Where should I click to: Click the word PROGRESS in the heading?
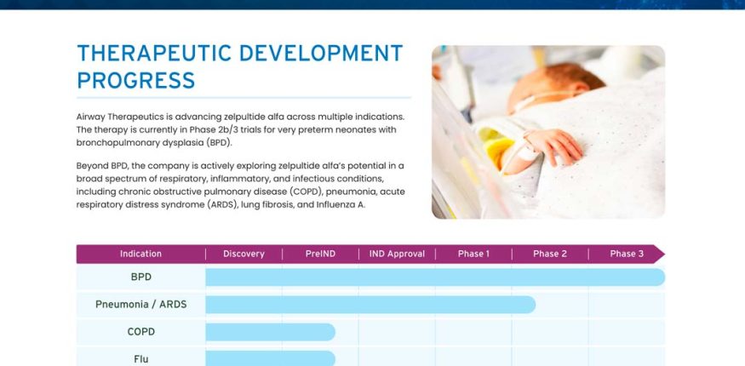(x=136, y=81)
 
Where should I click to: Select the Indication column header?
(x=140, y=254)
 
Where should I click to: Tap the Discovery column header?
(x=244, y=254)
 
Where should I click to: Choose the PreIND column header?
(x=320, y=254)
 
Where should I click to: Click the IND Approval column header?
(x=398, y=254)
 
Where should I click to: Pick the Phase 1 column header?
(x=473, y=254)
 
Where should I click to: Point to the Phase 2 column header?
(x=550, y=254)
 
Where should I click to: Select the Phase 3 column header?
(x=627, y=254)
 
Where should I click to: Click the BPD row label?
(x=141, y=277)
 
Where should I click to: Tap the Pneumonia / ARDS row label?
(x=141, y=304)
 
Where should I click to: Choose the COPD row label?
(x=141, y=332)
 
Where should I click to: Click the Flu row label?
(x=141, y=359)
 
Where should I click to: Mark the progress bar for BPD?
(x=435, y=277)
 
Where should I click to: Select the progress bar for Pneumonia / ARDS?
(x=370, y=305)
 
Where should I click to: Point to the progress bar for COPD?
(x=271, y=332)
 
